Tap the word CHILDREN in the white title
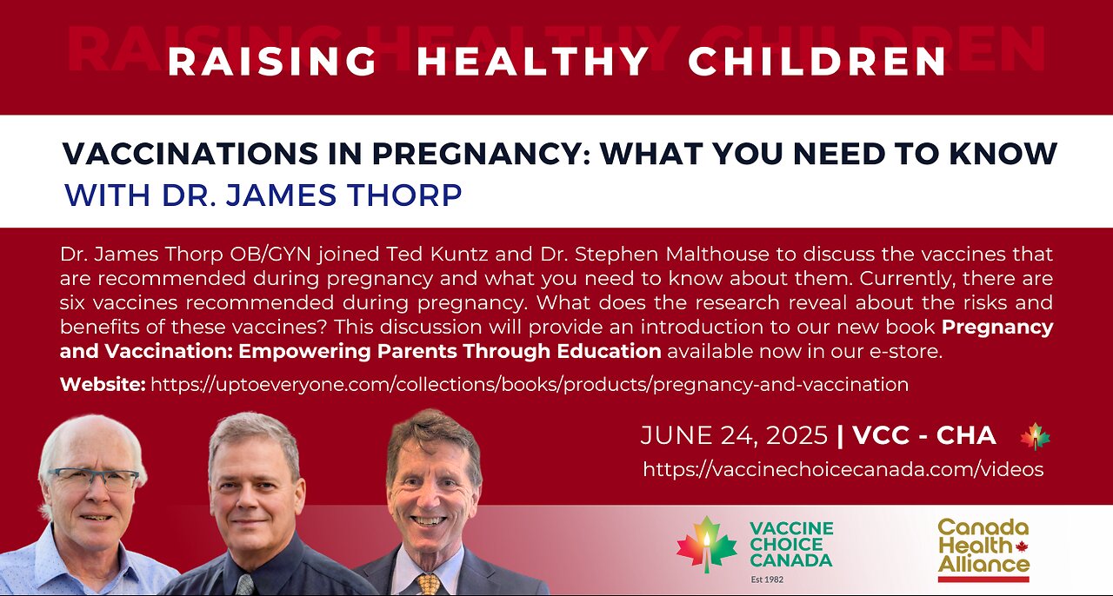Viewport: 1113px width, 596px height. click(x=816, y=62)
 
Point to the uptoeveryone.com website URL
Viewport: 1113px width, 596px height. click(x=530, y=384)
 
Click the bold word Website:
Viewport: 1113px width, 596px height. click(x=103, y=384)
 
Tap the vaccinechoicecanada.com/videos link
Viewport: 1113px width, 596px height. click(x=843, y=469)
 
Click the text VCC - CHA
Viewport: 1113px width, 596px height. click(x=924, y=435)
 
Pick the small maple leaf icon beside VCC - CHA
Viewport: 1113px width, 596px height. click(x=1035, y=437)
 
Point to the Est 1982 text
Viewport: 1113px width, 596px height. click(x=767, y=579)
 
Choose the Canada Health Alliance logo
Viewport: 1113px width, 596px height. click(x=983, y=550)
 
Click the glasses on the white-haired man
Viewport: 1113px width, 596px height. click(x=93, y=479)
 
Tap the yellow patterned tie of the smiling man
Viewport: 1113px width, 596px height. click(x=428, y=584)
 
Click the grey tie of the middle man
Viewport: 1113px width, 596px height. click(x=244, y=585)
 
